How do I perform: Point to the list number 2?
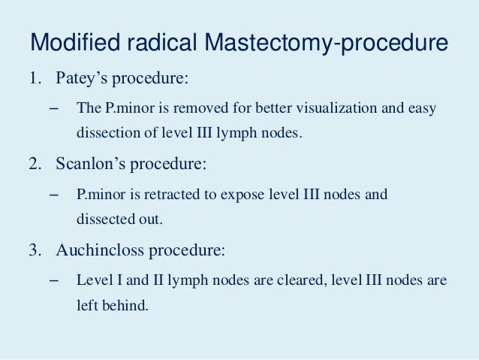click(34, 165)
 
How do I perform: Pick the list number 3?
click(34, 250)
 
